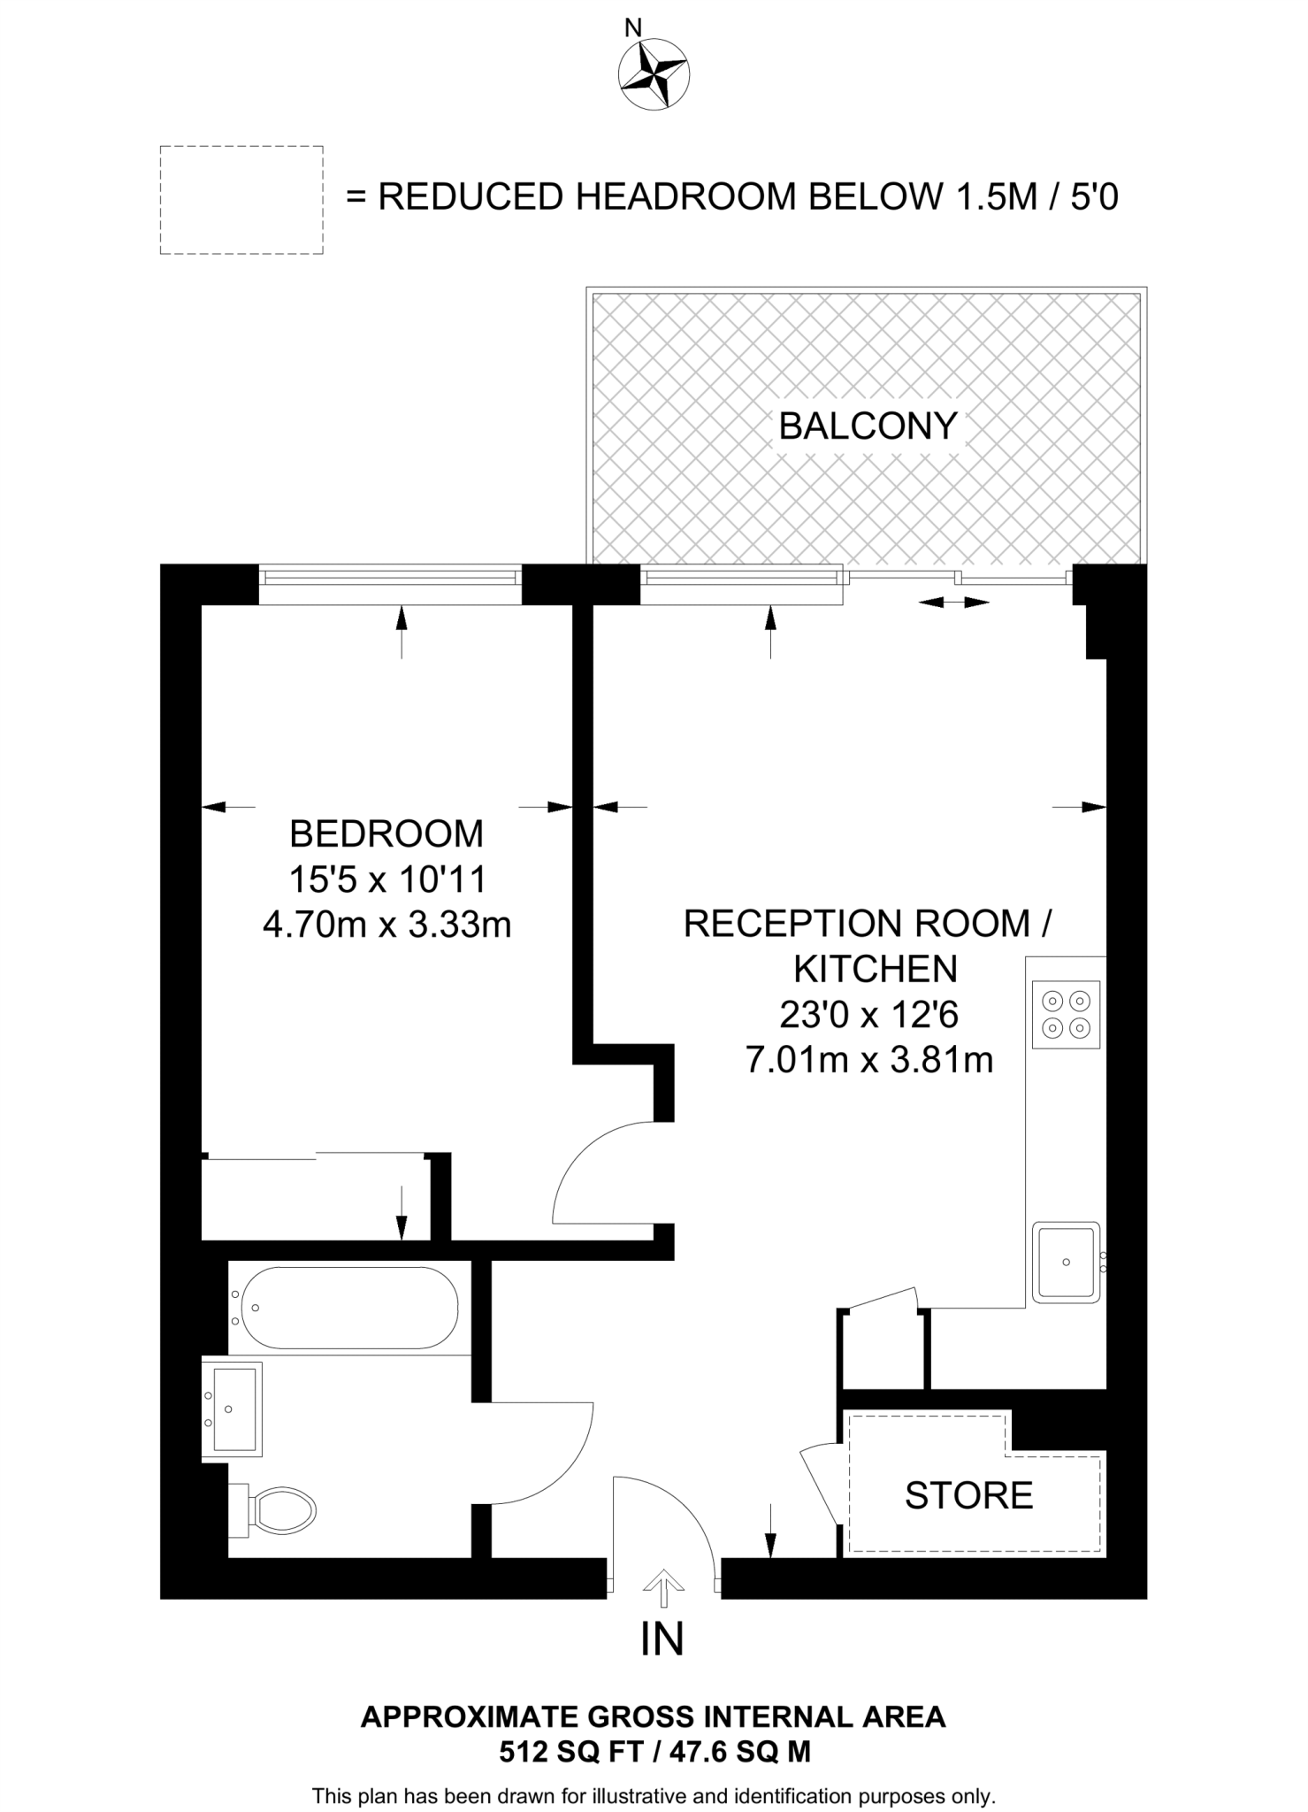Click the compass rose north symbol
point(654,74)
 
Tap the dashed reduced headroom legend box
point(241,200)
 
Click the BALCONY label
point(868,426)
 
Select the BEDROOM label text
point(386,833)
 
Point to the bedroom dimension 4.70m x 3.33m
point(386,925)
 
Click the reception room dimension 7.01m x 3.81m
point(869,1059)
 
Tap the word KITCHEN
point(875,970)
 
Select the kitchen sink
point(1067,1263)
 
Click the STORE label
point(968,1495)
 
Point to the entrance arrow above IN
point(662,1586)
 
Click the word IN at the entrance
point(662,1639)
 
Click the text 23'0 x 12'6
point(868,1015)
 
